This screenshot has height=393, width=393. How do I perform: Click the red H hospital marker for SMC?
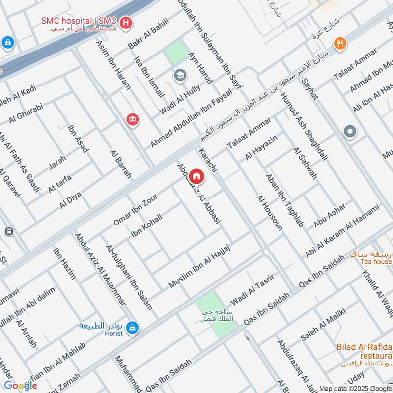coord(126,23)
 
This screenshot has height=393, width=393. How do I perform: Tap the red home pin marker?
coord(196,176)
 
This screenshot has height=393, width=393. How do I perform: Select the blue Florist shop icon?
coord(132,327)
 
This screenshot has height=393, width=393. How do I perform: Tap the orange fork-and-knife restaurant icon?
coord(340,43)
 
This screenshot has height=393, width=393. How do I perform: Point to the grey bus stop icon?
coord(8,231)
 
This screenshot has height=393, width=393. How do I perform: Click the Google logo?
coord(21,385)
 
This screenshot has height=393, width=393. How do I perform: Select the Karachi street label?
coord(208,159)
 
